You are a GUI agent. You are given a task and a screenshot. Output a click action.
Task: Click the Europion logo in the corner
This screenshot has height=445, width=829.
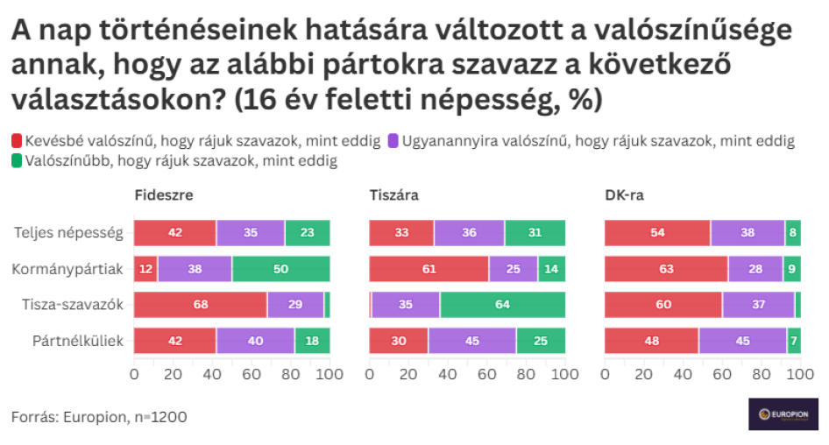[783, 413]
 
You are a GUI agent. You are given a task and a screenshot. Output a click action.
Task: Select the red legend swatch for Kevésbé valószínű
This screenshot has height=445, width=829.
[17, 141]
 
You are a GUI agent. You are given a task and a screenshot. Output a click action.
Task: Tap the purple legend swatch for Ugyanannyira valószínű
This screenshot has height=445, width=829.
[393, 141]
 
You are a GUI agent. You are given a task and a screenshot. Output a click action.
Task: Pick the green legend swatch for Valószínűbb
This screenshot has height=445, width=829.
[17, 160]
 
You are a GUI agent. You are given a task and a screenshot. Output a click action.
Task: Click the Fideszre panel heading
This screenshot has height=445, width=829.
[164, 195]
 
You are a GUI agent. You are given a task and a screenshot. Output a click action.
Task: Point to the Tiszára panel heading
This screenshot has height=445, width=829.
[393, 195]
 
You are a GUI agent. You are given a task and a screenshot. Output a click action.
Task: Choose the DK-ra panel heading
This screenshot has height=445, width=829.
[625, 195]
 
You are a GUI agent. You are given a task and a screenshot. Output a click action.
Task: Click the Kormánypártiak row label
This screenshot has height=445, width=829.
[67, 269]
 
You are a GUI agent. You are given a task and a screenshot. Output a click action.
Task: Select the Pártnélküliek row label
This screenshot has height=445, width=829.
[78, 341]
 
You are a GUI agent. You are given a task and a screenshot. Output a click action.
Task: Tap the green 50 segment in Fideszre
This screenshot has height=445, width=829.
[280, 269]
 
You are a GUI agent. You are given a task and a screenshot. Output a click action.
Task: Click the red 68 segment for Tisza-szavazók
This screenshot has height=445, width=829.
[201, 305]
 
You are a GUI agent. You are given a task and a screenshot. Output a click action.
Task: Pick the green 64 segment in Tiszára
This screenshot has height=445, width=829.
[502, 305]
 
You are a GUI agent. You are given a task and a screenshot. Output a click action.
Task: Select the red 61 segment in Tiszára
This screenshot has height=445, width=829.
[429, 269]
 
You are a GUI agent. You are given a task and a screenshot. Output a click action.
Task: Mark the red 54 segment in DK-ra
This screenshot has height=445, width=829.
[657, 233]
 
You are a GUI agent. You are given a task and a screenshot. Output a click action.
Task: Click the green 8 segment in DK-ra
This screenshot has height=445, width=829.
[793, 233]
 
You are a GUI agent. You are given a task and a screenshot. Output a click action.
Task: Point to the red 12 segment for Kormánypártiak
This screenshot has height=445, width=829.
[145, 269]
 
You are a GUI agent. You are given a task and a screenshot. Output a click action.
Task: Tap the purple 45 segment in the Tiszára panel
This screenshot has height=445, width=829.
[472, 341]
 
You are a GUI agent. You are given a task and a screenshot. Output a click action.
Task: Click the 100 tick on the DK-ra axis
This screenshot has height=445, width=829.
[800, 374]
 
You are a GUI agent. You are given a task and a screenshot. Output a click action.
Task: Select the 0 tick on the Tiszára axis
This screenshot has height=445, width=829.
[370, 374]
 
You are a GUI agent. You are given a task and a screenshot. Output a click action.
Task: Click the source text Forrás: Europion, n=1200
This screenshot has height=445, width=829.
[99, 417]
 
